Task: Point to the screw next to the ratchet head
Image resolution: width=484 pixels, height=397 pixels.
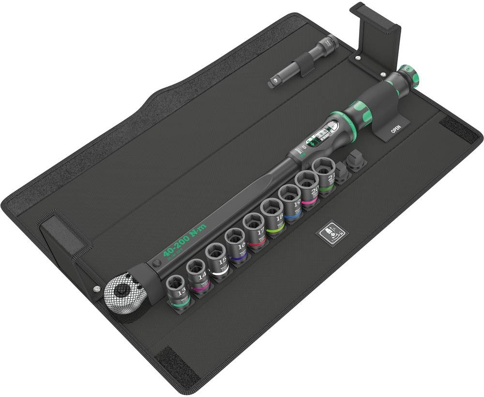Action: point(97,290)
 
